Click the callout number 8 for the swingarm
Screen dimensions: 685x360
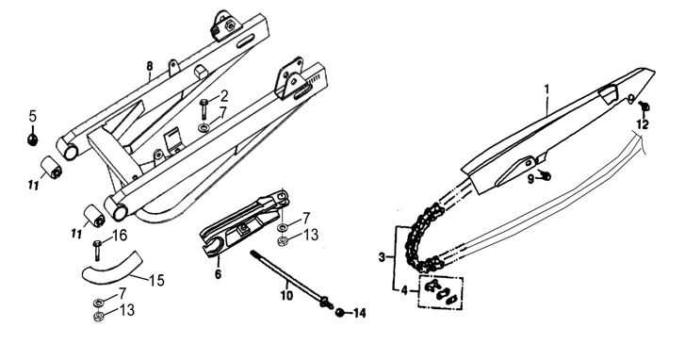(150, 66)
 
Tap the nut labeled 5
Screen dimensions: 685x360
(32, 139)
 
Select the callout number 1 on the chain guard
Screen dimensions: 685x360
(546, 90)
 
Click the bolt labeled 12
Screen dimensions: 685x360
(644, 106)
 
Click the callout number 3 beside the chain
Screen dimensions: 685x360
(383, 257)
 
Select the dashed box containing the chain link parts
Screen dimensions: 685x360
(441, 292)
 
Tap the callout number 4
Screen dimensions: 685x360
(404, 290)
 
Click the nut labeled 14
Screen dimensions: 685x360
(339, 312)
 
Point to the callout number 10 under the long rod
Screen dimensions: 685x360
(286, 295)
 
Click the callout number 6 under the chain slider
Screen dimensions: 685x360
(218, 274)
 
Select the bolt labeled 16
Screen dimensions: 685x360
(97, 250)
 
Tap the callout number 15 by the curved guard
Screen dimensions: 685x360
(156, 281)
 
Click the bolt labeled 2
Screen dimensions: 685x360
(204, 109)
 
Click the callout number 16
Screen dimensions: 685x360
(120, 236)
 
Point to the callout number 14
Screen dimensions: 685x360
(360, 313)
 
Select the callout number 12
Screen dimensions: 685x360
(643, 124)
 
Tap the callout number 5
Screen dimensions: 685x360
(33, 116)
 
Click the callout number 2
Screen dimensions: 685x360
(224, 96)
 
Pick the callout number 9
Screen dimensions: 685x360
(530, 179)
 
